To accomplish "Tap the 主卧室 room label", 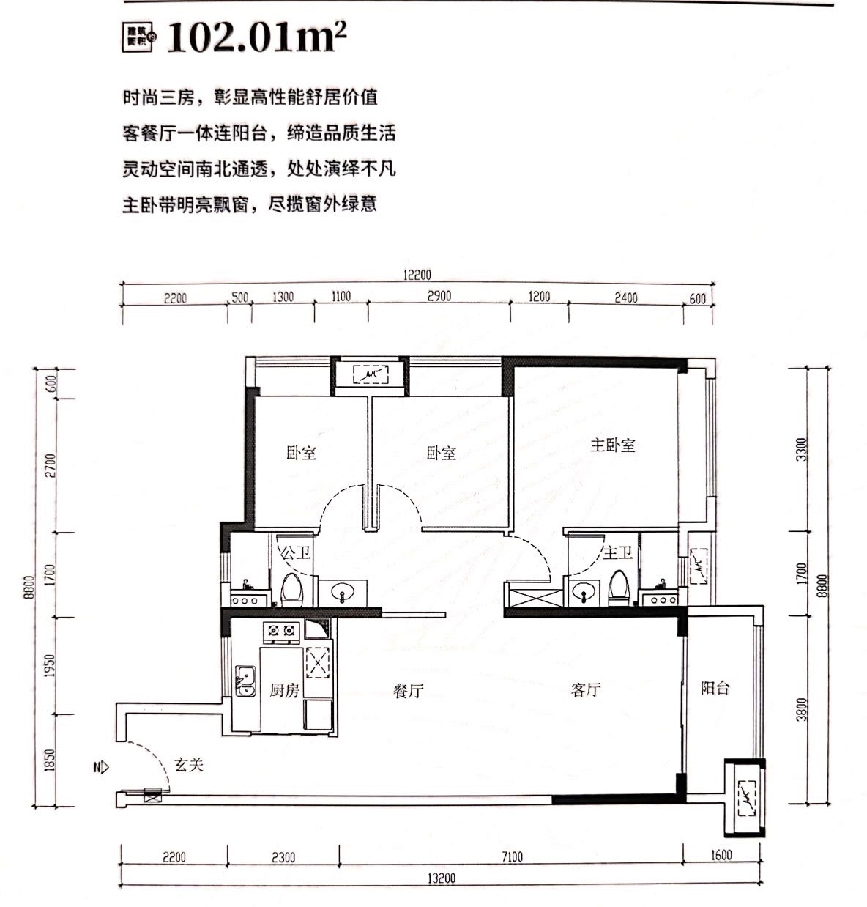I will click(613, 445).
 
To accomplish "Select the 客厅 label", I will click(586, 689).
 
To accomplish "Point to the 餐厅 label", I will click(408, 690).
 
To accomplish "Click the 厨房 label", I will click(284, 689).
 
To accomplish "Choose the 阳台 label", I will click(715, 688).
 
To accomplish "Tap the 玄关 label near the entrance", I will click(188, 765).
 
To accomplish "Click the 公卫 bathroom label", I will click(296, 552).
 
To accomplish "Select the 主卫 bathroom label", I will click(617, 552).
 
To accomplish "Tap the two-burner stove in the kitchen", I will click(282, 629).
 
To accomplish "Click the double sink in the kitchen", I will click(245, 681).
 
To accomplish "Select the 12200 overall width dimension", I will click(417, 275).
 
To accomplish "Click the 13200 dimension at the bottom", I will click(442, 878).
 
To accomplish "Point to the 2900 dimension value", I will click(439, 297).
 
